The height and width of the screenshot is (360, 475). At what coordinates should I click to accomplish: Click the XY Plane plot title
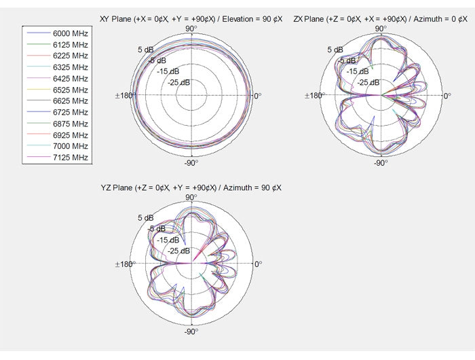point(191,19)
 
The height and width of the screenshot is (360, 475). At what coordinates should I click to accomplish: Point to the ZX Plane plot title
point(380,19)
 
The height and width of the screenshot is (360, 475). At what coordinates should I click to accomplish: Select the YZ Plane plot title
point(191,187)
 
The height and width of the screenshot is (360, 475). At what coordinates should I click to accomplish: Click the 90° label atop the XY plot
point(191,29)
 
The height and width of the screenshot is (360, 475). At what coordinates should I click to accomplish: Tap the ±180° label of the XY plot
point(124,96)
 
